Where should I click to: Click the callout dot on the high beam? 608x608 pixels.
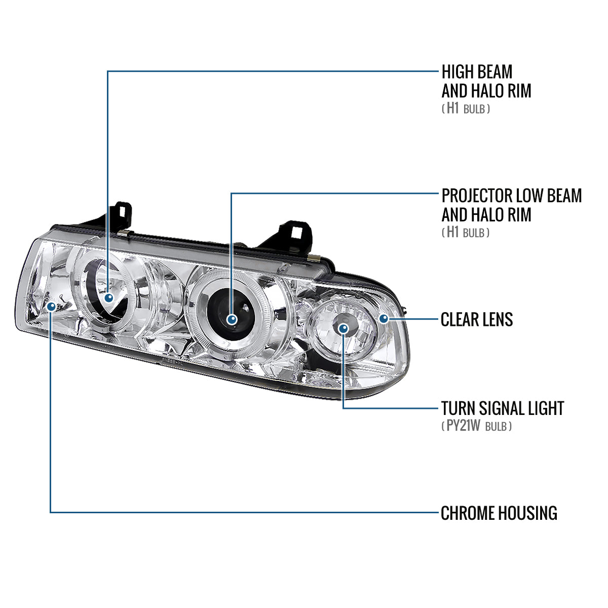(x=108, y=298)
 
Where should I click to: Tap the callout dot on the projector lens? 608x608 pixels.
(x=232, y=319)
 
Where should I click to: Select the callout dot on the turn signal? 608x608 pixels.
(x=344, y=329)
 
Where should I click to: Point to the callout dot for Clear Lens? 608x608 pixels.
(x=384, y=319)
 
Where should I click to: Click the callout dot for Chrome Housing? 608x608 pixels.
(x=51, y=306)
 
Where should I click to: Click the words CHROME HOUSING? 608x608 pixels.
(x=499, y=513)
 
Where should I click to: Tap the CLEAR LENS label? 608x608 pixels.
(x=476, y=319)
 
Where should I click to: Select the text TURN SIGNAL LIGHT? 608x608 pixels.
(x=502, y=408)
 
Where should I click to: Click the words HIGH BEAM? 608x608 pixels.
(x=477, y=71)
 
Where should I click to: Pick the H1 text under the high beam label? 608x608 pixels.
(x=452, y=108)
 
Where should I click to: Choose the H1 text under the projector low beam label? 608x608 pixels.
(x=452, y=233)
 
